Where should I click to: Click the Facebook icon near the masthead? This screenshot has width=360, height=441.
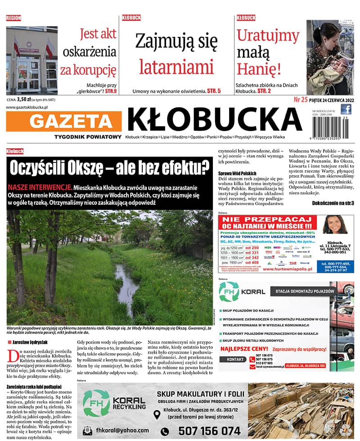tap(346, 109)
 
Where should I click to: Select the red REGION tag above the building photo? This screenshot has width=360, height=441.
tap(13, 18)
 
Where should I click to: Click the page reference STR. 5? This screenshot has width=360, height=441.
tap(214, 91)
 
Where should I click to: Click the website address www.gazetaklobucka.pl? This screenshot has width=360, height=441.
tap(27, 108)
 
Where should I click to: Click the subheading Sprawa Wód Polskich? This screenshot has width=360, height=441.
tap(237, 173)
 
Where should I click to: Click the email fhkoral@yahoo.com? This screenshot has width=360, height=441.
tap(119, 430)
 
